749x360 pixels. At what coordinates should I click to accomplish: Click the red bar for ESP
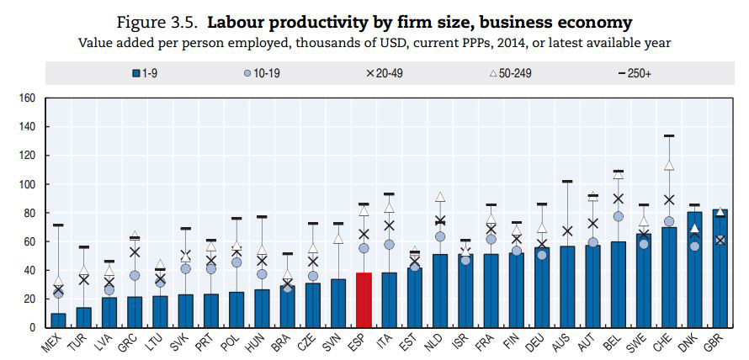pos(364,300)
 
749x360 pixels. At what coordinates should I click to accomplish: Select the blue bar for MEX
pos(58,320)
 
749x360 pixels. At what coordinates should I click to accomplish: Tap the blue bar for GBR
pos(720,269)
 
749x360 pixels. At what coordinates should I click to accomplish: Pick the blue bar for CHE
pos(668,278)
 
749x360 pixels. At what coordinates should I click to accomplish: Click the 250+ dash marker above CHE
pos(668,136)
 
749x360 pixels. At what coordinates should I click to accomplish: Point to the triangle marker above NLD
pos(439,197)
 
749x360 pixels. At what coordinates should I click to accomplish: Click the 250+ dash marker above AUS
pos(566,182)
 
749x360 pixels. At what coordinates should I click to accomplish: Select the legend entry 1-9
pos(145,74)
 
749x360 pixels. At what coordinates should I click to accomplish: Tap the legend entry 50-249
pos(511,74)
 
